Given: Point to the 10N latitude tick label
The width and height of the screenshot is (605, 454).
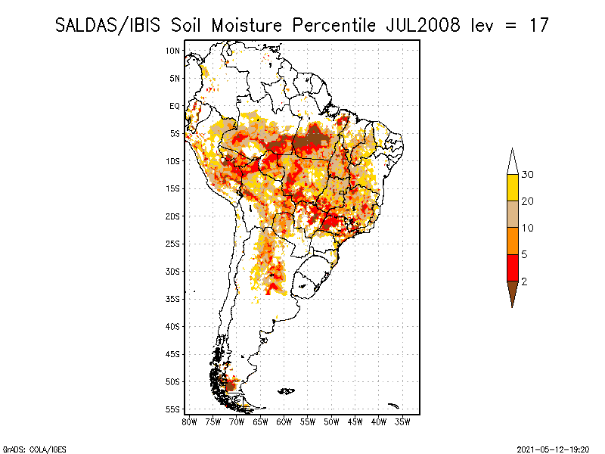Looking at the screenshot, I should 172,51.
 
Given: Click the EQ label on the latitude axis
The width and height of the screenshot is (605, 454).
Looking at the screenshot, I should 173,106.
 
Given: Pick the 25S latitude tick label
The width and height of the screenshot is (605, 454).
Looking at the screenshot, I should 172,244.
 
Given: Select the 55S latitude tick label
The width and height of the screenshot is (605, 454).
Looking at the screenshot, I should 172,409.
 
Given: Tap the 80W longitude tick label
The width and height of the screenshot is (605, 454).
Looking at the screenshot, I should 189,421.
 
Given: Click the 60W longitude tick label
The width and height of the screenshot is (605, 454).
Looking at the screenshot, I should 284,421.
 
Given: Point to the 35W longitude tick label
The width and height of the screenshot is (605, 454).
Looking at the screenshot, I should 402,421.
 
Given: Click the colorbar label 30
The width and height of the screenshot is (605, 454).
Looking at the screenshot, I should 527,175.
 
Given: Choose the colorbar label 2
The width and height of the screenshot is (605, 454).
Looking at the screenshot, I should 524,281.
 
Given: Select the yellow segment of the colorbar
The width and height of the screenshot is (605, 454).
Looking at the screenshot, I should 513,188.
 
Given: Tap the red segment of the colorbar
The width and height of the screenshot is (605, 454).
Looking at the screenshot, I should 513,267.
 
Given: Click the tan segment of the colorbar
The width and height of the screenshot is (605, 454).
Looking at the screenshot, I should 513,214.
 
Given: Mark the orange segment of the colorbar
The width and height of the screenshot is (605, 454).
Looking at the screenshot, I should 513,241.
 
